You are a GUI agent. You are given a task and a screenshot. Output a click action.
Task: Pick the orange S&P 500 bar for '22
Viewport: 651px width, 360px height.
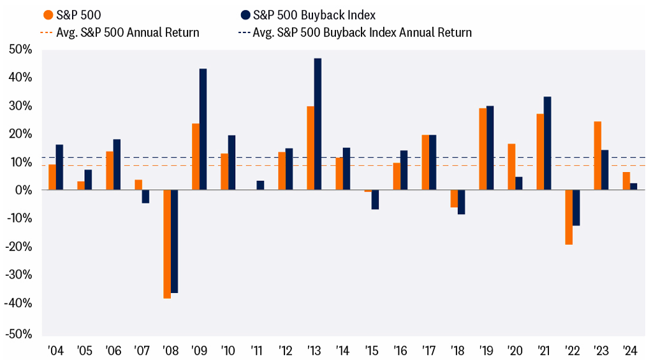pyautogui.click(x=569, y=217)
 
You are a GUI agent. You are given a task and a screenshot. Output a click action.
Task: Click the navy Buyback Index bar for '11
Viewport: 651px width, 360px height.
pyautogui.click(x=260, y=185)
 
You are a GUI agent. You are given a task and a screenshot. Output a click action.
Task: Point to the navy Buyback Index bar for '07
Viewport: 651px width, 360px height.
pyautogui.click(x=145, y=196)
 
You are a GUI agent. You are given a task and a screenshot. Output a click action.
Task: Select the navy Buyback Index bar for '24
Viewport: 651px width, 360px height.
pyautogui.click(x=633, y=187)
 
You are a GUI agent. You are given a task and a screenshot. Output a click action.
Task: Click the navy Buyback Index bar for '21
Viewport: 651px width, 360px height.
pyautogui.click(x=547, y=143)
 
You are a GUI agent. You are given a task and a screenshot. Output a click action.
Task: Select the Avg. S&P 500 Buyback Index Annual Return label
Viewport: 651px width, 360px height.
pyautogui.click(x=362, y=32)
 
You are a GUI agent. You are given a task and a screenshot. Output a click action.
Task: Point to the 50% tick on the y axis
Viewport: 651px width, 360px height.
pyautogui.click(x=20, y=50)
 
